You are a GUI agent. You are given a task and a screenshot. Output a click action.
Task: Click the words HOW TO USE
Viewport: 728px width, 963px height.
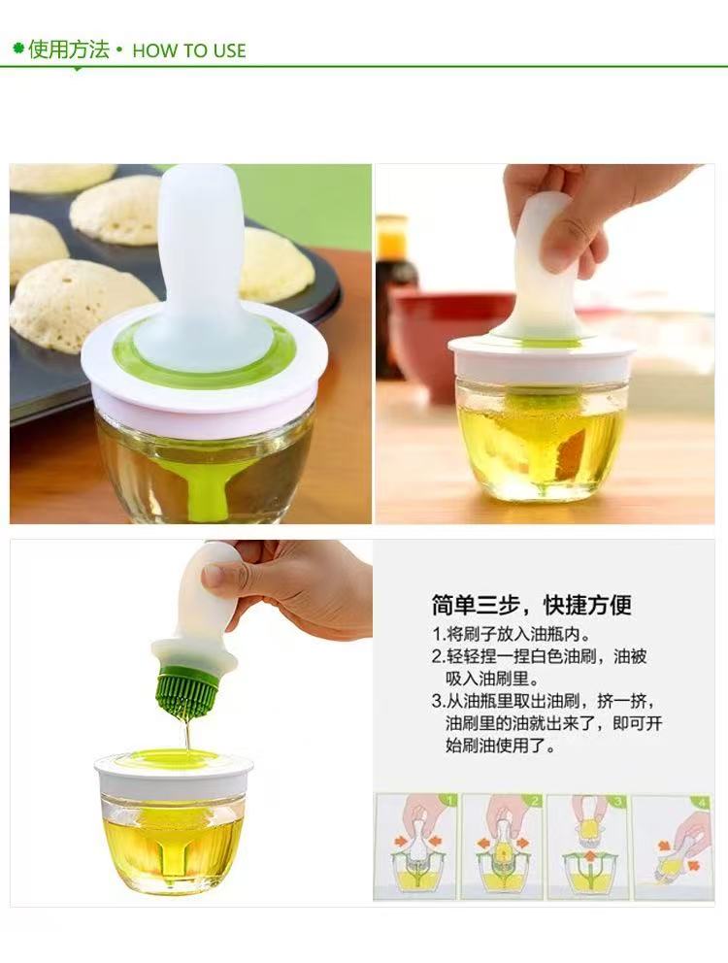(189, 50)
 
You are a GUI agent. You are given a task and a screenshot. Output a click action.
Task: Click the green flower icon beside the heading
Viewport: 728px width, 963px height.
(18, 48)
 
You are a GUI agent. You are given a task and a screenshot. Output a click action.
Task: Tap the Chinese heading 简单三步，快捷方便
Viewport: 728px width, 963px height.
(531, 605)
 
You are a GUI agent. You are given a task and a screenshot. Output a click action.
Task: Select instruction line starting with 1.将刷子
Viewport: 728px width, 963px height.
(512, 634)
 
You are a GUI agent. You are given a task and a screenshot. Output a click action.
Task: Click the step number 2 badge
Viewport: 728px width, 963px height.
(535, 801)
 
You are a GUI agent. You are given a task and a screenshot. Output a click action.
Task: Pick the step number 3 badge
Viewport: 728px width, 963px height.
(618, 801)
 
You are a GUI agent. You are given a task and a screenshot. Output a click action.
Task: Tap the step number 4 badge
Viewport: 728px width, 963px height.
(703, 802)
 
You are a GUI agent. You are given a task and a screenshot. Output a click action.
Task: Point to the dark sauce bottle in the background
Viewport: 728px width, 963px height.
(394, 295)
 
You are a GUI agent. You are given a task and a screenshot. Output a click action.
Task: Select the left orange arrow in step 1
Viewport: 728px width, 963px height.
(401, 841)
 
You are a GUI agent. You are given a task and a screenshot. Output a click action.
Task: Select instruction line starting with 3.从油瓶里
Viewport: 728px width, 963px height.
(546, 723)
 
